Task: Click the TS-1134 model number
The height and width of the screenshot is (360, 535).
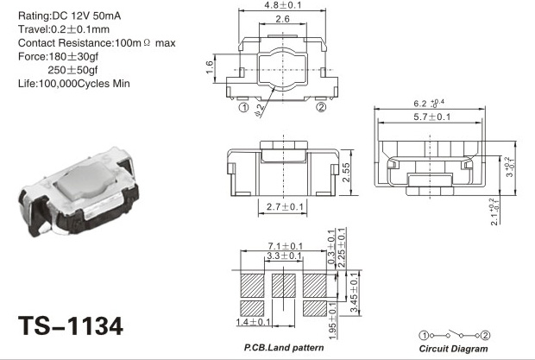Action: [x=71, y=325]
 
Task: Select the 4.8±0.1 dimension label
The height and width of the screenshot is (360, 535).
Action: [x=283, y=5]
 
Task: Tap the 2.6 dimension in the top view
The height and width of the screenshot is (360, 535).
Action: [x=282, y=19]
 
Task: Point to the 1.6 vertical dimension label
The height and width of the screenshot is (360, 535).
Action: [x=210, y=66]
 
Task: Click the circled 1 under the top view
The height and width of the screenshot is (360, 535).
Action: [x=243, y=108]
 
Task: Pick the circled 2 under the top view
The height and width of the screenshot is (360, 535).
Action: [x=321, y=107]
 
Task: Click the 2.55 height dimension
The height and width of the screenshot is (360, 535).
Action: [x=346, y=173]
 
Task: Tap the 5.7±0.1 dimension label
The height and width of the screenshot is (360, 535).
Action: [x=432, y=117]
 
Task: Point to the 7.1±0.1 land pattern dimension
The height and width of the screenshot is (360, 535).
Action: [x=286, y=246]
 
